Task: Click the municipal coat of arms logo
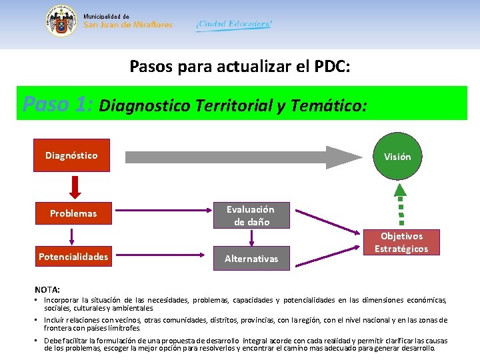(x=61, y=21)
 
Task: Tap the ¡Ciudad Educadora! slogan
(x=234, y=24)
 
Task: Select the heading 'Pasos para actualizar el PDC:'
(x=240, y=67)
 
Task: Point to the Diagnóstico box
(x=71, y=155)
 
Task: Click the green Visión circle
(x=397, y=157)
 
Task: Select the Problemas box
(x=73, y=213)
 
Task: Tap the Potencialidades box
(x=73, y=257)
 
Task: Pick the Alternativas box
(x=251, y=258)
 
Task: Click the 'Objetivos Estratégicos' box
(x=401, y=242)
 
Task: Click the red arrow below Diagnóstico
(x=75, y=186)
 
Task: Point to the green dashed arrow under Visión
(x=401, y=204)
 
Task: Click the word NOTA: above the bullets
(x=47, y=289)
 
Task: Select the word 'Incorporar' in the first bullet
(x=63, y=301)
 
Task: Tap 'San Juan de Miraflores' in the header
(x=128, y=25)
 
